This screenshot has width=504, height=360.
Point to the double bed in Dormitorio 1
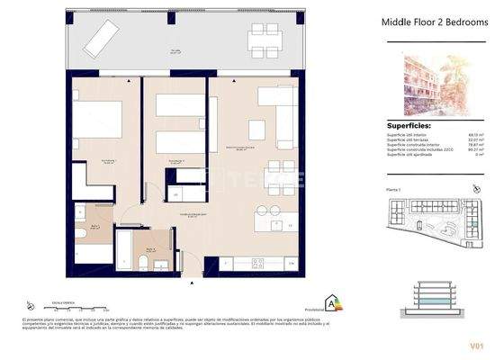96,120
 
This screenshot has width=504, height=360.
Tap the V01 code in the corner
476,345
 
